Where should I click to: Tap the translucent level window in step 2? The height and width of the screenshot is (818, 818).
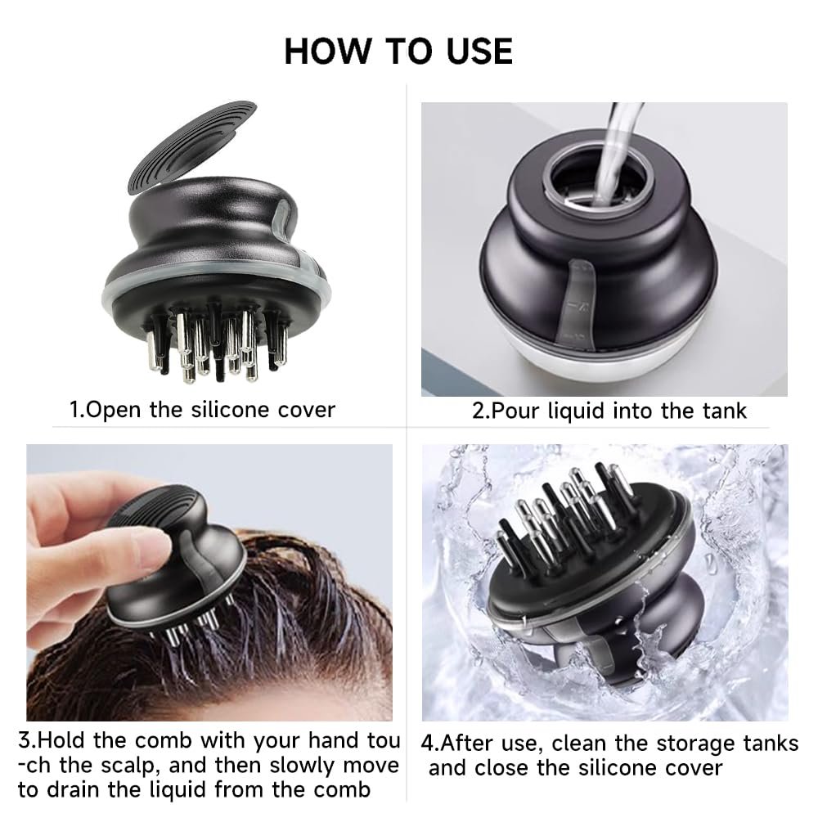click(x=578, y=300)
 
